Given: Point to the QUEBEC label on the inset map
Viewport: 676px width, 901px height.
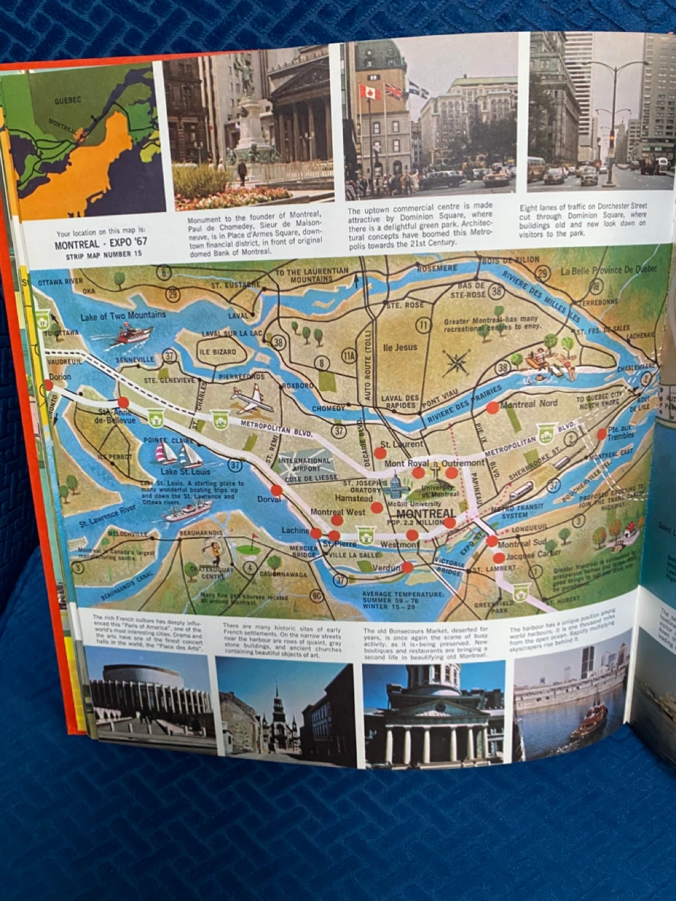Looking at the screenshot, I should pos(68,100).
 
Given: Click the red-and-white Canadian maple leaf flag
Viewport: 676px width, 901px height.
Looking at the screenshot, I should pos(369,93).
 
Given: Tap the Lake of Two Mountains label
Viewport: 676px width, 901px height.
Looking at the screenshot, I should pos(123,315).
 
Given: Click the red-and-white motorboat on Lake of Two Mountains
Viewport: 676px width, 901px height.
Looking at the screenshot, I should pos(133,335).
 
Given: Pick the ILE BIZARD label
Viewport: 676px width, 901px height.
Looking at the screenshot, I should pos(217,352).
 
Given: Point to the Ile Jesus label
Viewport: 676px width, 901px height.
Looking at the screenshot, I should pos(400,347).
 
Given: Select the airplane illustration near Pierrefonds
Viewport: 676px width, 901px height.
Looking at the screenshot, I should pos(252,400).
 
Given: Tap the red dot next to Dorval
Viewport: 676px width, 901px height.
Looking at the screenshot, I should pos(277,490).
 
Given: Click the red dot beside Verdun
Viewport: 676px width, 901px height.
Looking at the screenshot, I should pos(407,568).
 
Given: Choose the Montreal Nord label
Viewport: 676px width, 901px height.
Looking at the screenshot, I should pos(528,404).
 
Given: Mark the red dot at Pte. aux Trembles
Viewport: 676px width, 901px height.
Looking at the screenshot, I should pos(602,434).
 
